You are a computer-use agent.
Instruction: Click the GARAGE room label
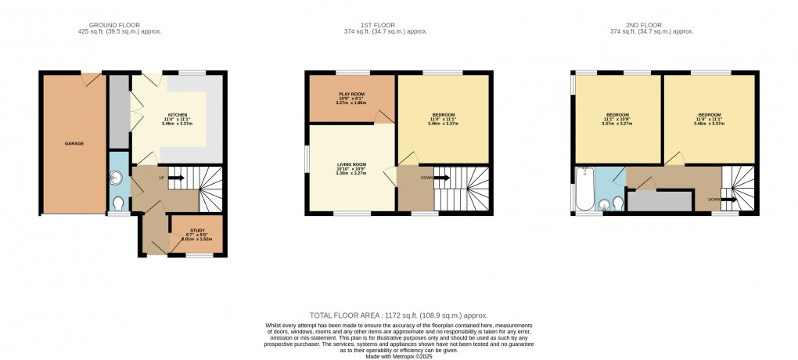pyautogui.click(x=74, y=143)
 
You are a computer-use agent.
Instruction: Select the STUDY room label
pyautogui.click(x=197, y=231)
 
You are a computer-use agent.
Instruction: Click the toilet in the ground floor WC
pyautogui.click(x=119, y=203)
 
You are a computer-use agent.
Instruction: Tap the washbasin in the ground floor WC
pyautogui.click(x=115, y=178)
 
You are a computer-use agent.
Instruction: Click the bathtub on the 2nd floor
pyautogui.click(x=584, y=190)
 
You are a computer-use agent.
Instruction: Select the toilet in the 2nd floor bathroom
pyautogui.click(x=617, y=203)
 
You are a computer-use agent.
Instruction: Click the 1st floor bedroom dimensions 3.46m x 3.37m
pyautogui.click(x=443, y=124)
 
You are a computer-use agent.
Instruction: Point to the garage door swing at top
pyautogui.click(x=92, y=77)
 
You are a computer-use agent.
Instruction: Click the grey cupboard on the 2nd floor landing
pyautogui.click(x=660, y=201)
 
